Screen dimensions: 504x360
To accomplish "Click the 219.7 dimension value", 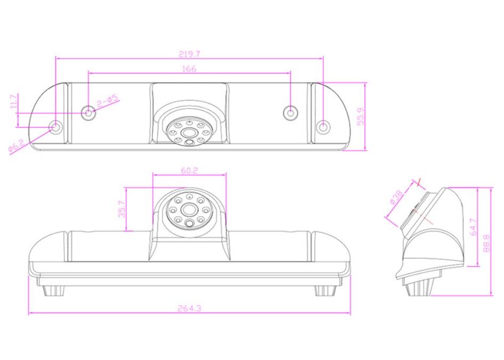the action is click(189, 54).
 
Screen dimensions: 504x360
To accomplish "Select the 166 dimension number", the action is click(189, 69).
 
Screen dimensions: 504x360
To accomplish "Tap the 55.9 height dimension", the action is click(361, 116).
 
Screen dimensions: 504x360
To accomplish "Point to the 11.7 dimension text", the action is click(13, 102).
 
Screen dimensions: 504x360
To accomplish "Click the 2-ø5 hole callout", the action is click(108, 101).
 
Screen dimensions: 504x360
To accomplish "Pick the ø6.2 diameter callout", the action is click(16, 145).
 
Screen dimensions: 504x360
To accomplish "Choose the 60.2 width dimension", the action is click(189, 170).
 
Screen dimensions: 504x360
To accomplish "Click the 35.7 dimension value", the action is click(122, 209).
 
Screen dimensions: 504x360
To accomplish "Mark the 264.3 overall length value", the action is click(189, 308).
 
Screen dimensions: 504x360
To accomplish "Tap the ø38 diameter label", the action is click(396, 197).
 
